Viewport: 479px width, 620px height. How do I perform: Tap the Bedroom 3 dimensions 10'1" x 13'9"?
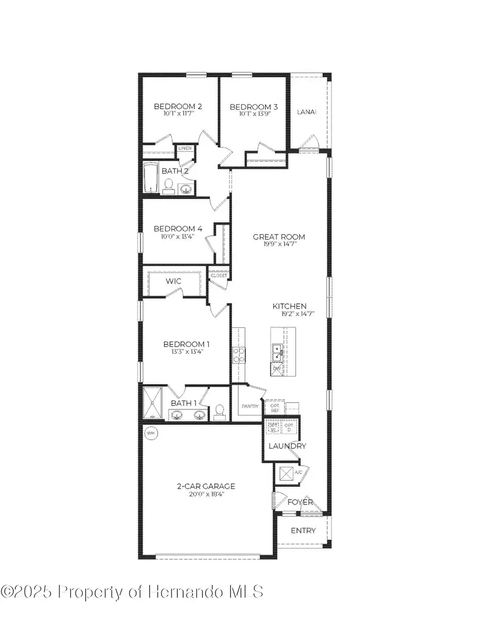tap(254, 114)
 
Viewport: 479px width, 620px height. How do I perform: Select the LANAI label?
tap(307, 112)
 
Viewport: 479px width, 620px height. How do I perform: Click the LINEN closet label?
tap(185, 148)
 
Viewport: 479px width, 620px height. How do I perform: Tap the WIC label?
tap(174, 280)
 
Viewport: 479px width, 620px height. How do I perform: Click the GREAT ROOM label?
tap(279, 237)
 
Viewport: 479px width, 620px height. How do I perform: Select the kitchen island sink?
tap(277, 352)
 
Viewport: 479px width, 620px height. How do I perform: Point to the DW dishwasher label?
tap(277, 369)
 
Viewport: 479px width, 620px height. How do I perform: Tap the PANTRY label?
tap(250, 407)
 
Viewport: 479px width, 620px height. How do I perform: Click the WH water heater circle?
tap(151, 433)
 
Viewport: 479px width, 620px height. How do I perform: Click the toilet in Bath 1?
tap(218, 412)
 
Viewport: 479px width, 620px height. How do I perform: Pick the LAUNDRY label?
tap(287, 446)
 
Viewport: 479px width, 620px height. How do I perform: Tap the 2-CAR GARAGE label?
tap(206, 486)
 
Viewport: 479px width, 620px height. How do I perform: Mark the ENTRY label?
tap(303, 531)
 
